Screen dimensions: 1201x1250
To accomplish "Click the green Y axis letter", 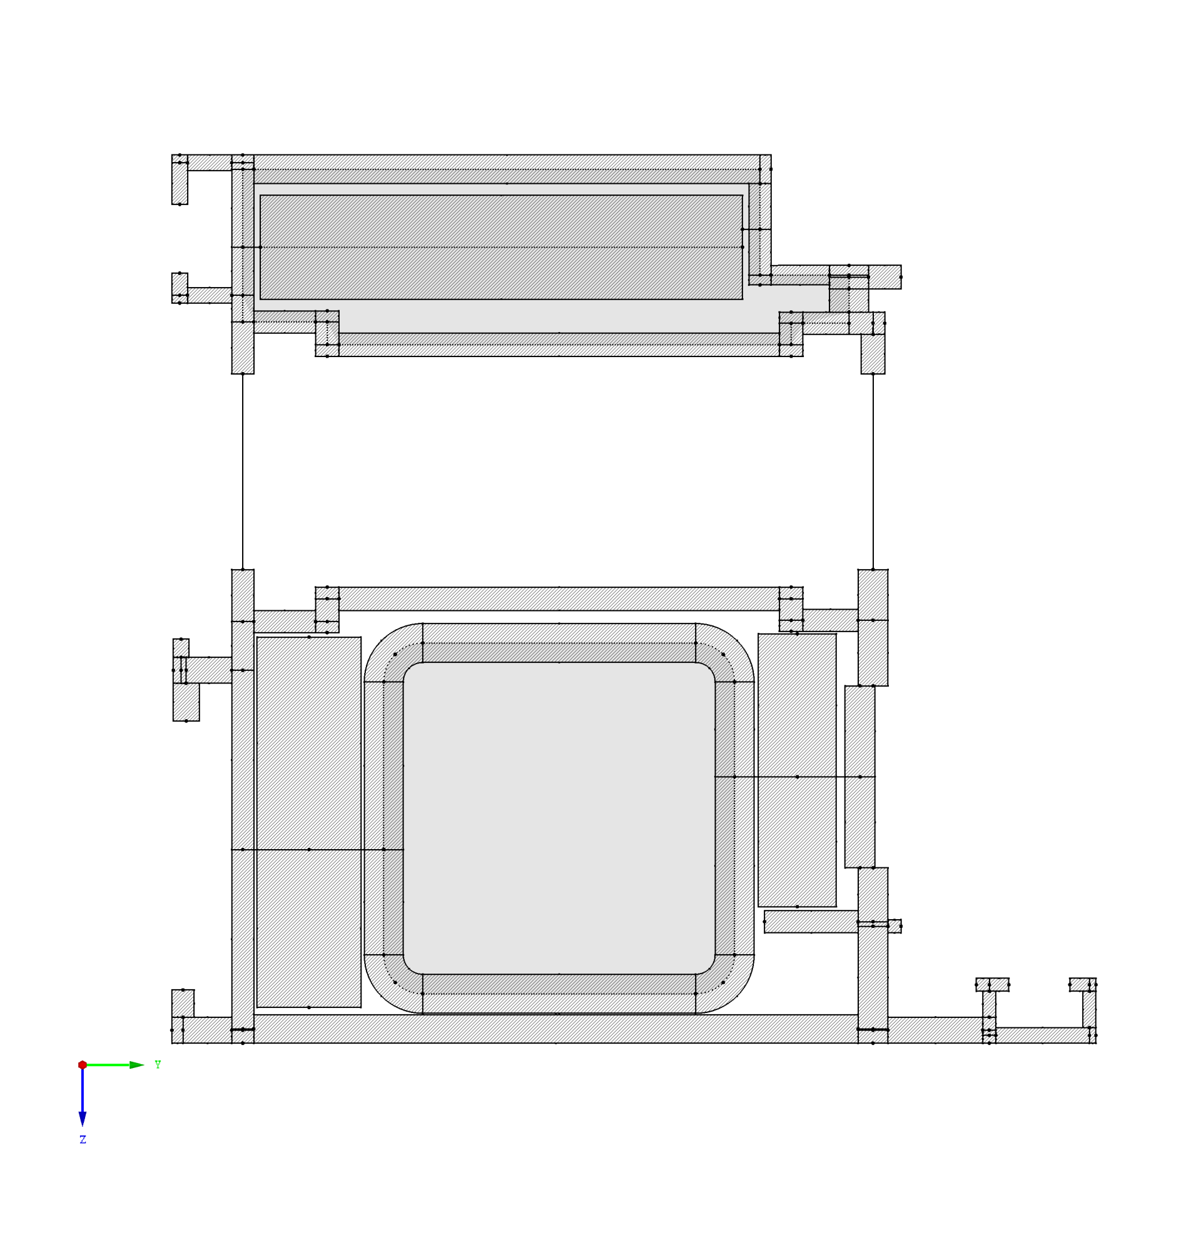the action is coord(158,1064).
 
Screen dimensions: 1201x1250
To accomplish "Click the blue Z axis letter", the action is coord(83,1139).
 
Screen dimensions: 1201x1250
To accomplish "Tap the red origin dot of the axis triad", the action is coord(83,1064).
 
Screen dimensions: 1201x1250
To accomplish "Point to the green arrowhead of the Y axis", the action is coord(136,1064).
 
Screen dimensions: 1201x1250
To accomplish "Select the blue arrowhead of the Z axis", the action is coord(83,1119).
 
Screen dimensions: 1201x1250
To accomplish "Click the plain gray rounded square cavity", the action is coord(559,819).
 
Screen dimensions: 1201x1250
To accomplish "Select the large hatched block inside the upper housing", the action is coord(500,247).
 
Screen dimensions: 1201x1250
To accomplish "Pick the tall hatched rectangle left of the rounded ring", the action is coord(309,822).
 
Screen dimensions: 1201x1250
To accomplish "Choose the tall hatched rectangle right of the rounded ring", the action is coord(797,770).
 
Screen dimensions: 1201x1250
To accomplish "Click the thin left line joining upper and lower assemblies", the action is coord(242,471).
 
